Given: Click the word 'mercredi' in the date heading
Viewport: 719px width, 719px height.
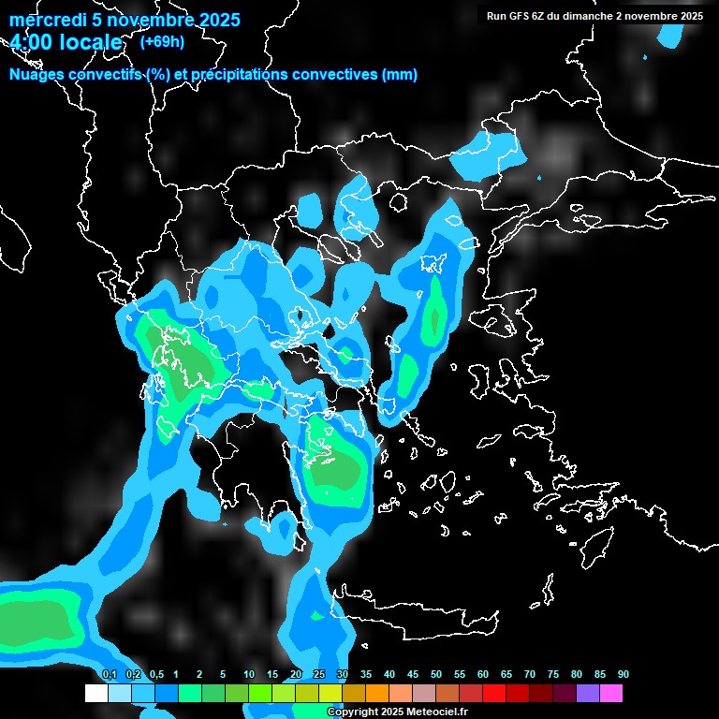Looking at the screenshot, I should click(x=48, y=20).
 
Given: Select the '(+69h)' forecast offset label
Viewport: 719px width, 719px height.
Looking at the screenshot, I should click(x=161, y=41).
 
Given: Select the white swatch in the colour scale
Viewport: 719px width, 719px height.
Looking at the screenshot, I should click(x=95, y=694).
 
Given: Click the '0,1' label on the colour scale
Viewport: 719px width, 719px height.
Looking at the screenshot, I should click(x=109, y=674).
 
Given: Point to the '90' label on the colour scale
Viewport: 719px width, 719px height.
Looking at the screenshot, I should click(x=623, y=674).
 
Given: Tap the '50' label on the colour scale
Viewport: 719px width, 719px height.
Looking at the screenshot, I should click(x=436, y=674).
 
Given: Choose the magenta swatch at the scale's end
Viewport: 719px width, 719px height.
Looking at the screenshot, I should click(x=610, y=694).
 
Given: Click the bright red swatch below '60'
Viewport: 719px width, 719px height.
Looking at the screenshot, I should click(x=493, y=694).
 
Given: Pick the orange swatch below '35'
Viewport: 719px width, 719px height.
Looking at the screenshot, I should click(x=376, y=694).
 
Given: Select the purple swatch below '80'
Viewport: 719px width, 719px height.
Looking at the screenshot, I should click(x=587, y=694).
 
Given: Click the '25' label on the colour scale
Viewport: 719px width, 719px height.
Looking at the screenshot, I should click(x=319, y=674).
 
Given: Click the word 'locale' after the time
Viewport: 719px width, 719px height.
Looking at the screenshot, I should click(x=89, y=42).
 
